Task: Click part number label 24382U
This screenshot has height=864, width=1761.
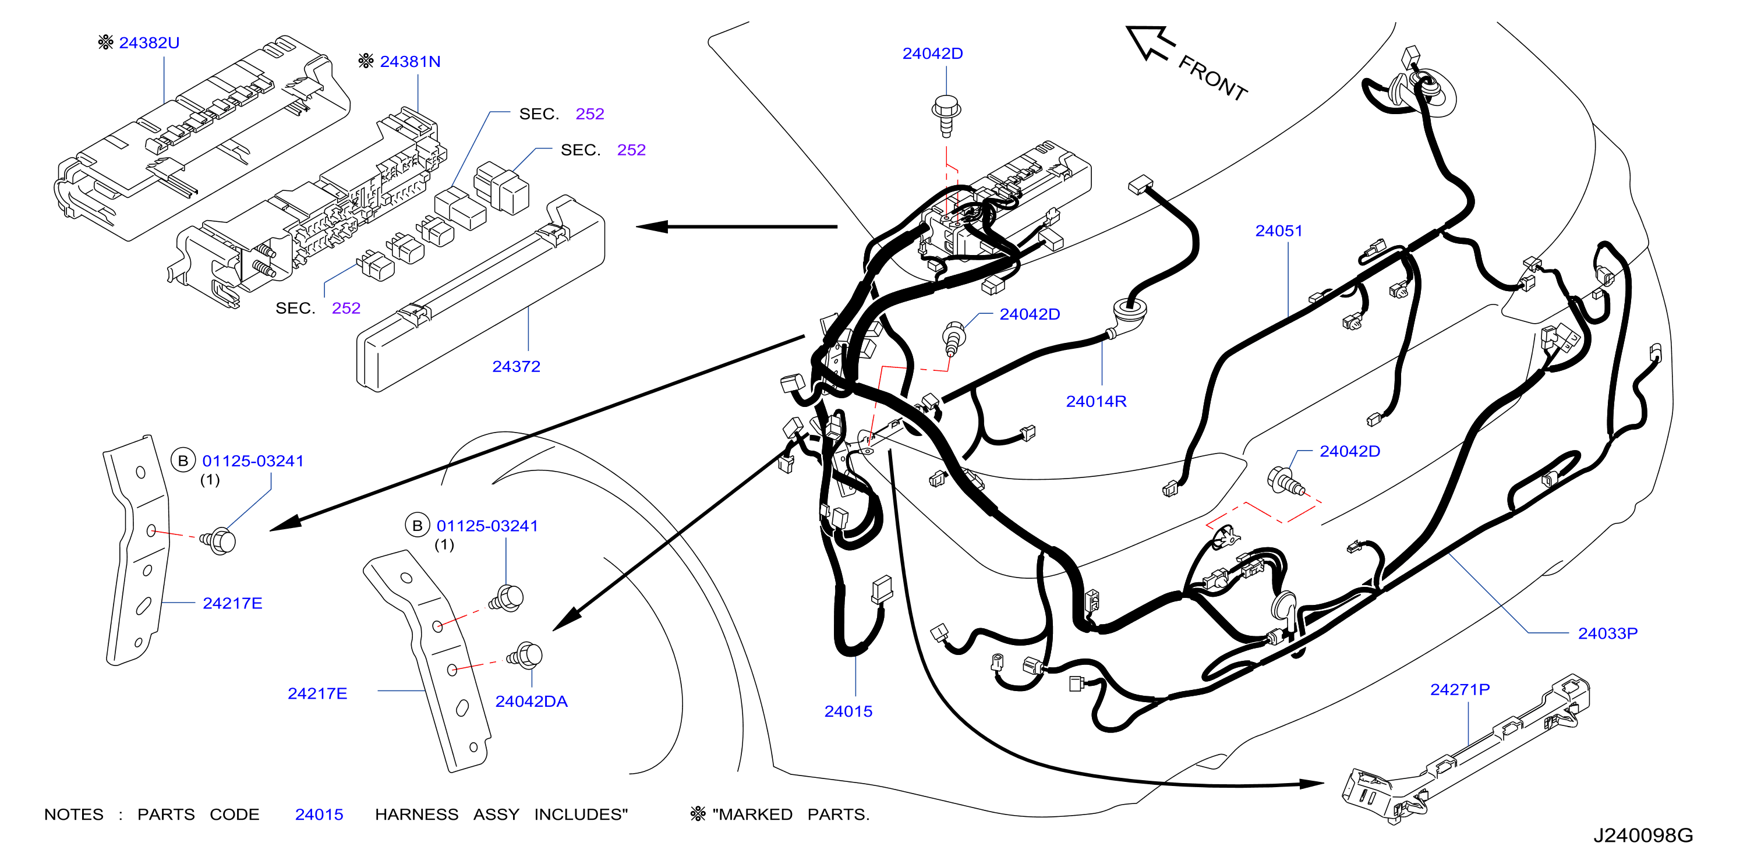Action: [x=149, y=43]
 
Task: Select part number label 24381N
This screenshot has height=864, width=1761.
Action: [x=410, y=62]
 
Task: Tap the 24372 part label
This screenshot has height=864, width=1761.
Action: [x=516, y=366]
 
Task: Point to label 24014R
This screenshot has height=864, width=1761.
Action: [x=1096, y=401]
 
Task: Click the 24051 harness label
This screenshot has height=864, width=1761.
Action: [x=1278, y=231]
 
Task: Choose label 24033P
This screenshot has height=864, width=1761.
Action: [x=1607, y=633]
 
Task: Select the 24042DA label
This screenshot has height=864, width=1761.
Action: [x=531, y=702]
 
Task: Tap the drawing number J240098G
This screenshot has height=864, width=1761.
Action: [x=1643, y=835]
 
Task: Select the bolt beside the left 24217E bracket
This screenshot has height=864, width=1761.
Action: [x=218, y=541]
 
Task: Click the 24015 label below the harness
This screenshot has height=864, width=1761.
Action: [x=848, y=711]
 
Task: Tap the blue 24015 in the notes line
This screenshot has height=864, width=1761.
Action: [x=319, y=815]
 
